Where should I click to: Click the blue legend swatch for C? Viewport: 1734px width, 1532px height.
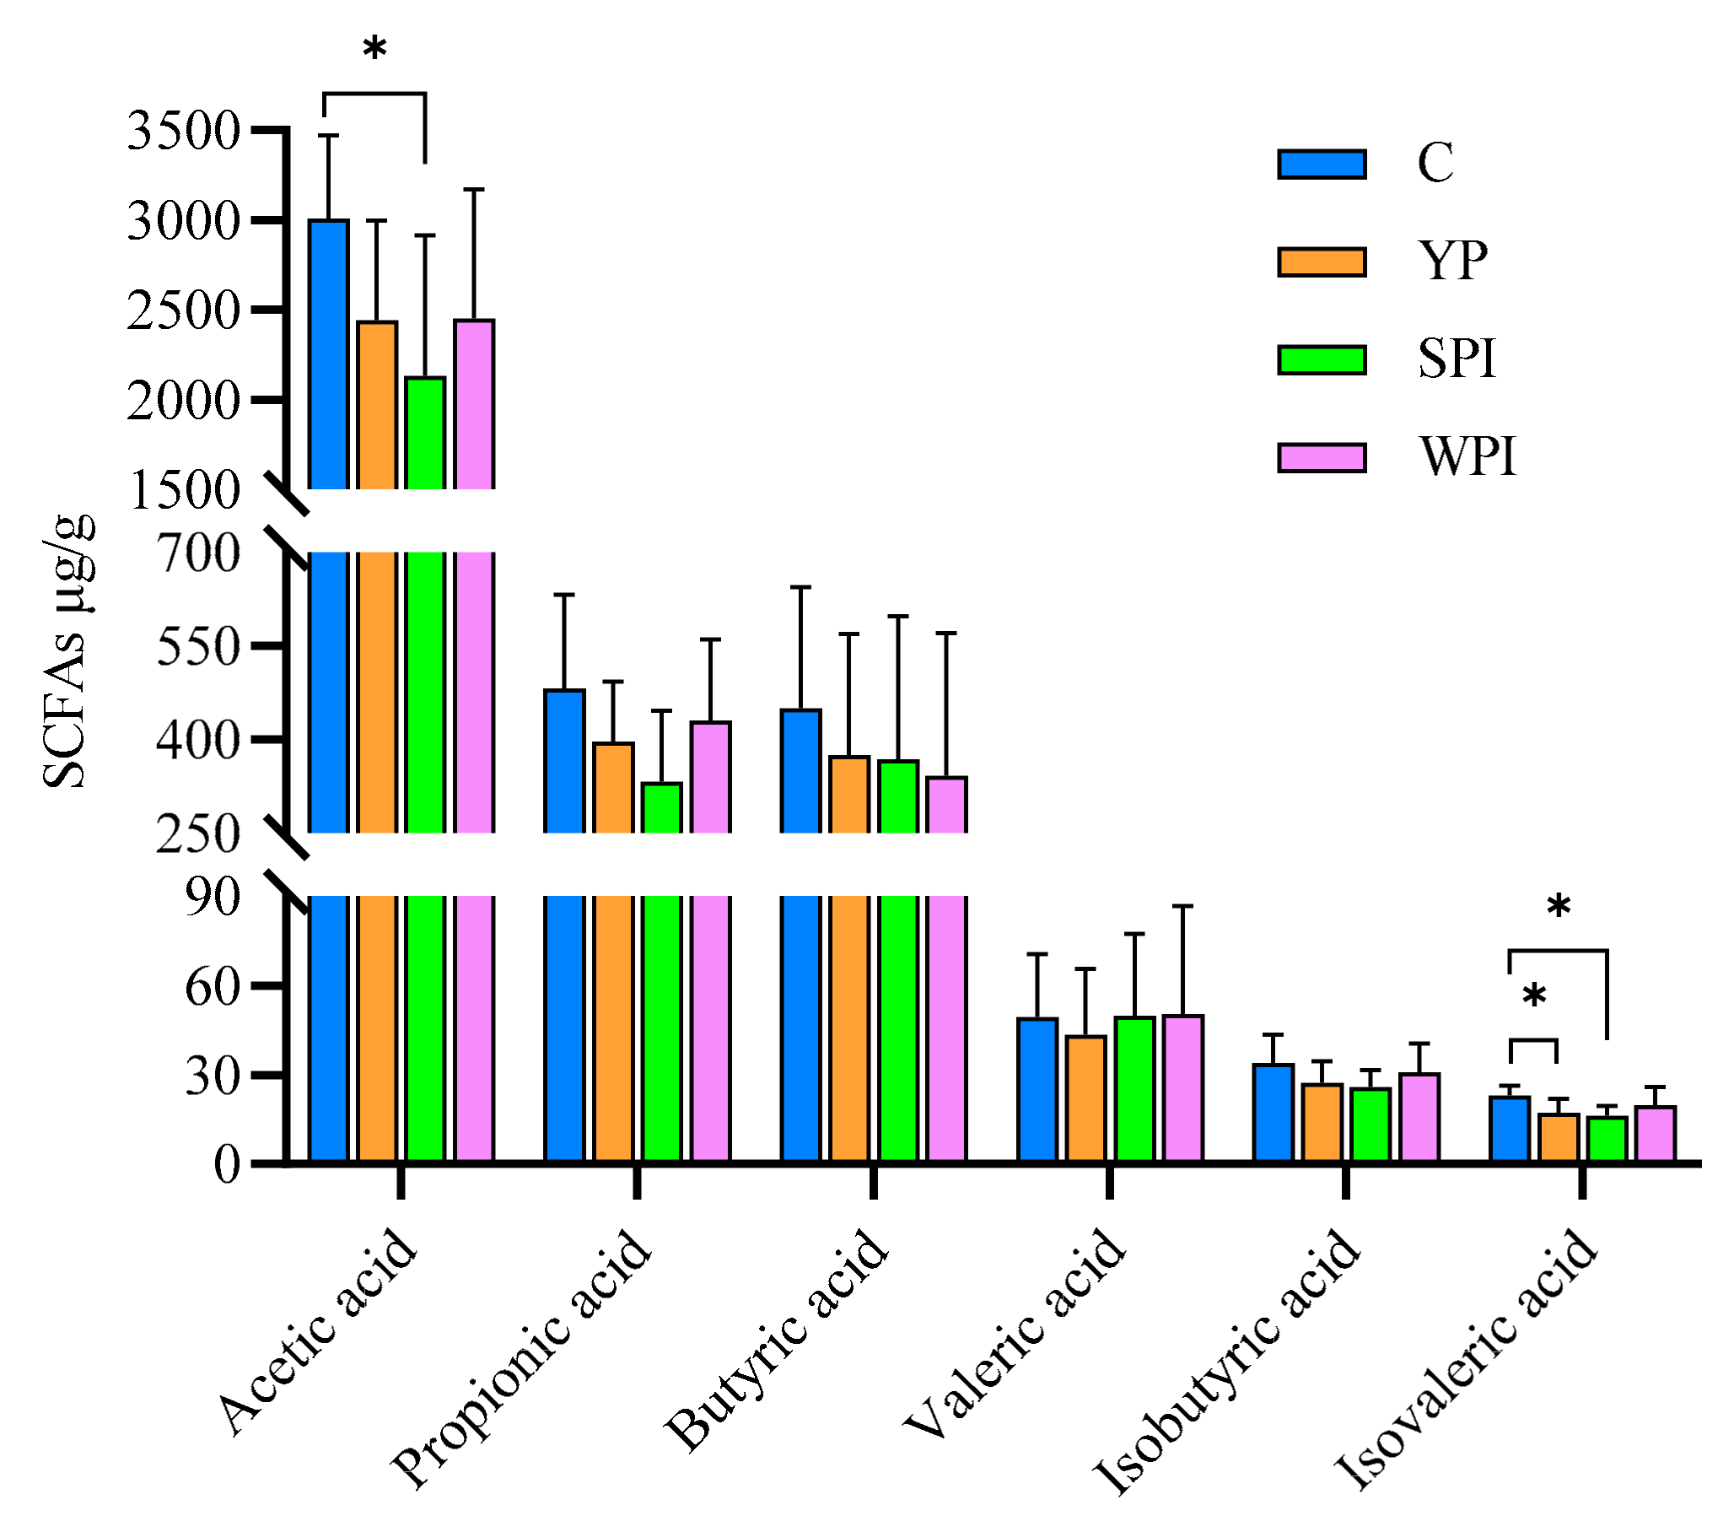coord(1321,164)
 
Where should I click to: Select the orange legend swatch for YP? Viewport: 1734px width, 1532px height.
coord(1321,262)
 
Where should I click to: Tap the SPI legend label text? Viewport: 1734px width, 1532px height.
coord(1457,359)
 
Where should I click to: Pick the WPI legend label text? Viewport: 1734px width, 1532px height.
coord(1467,456)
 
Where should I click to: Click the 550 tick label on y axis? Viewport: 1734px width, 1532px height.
coord(198,648)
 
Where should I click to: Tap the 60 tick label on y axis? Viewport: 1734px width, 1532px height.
coord(213,987)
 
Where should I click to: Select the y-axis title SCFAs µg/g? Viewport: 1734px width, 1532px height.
coord(66,652)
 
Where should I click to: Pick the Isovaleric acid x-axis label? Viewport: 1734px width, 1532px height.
coord(1466,1358)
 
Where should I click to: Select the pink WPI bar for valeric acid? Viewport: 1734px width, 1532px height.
coord(1182,1087)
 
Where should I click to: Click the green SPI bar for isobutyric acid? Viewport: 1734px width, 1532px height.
coord(1370,1125)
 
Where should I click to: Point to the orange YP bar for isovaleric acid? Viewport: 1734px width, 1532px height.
coord(1559,1137)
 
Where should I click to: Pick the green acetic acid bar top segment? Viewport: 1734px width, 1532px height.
coord(425,433)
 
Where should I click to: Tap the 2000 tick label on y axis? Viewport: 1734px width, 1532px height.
coord(183,402)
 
